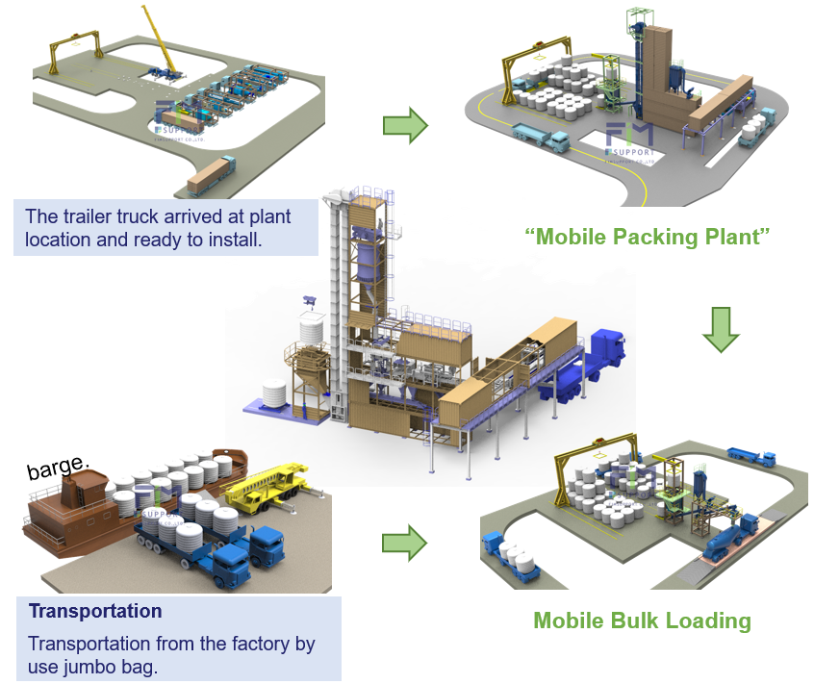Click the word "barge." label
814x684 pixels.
pos(58,469)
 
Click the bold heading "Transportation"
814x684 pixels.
pos(95,611)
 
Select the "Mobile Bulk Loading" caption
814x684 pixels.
pos(642,621)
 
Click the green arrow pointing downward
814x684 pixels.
pos(720,329)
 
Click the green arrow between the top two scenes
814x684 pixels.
pos(404,125)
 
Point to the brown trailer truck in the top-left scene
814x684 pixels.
pos(210,176)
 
